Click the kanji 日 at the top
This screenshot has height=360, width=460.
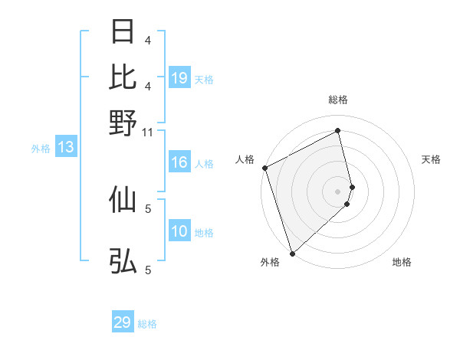pyautogui.click(x=123, y=31)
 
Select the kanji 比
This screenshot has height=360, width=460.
pyautogui.click(x=123, y=77)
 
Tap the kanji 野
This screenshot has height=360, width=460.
pyautogui.click(x=123, y=123)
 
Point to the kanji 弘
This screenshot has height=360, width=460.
pyautogui.click(x=123, y=261)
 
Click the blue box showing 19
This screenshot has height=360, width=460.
pyautogui.click(x=179, y=78)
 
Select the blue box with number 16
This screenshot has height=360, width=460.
pyautogui.click(x=179, y=162)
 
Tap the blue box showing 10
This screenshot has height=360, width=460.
pyautogui.click(x=179, y=232)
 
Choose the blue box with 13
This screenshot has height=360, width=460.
pyautogui.click(x=66, y=148)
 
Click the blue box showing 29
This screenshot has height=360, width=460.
pyautogui.click(x=123, y=322)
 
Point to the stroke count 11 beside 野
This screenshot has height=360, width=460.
pyautogui.click(x=149, y=133)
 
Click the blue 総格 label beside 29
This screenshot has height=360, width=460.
pyautogui.click(x=148, y=324)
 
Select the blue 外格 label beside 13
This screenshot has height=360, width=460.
pyautogui.click(x=41, y=149)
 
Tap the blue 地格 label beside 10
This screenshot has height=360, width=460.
pyautogui.click(x=205, y=233)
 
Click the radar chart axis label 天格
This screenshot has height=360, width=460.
pyautogui.click(x=432, y=159)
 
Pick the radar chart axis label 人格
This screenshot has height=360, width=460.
pyautogui.click(x=245, y=159)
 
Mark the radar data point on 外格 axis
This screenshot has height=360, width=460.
pyautogui.click(x=292, y=253)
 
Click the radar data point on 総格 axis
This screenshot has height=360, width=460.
pyautogui.click(x=338, y=130)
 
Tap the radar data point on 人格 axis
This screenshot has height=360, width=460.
pyautogui.click(x=264, y=168)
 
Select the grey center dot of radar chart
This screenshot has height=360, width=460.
pyautogui.click(x=338, y=191)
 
